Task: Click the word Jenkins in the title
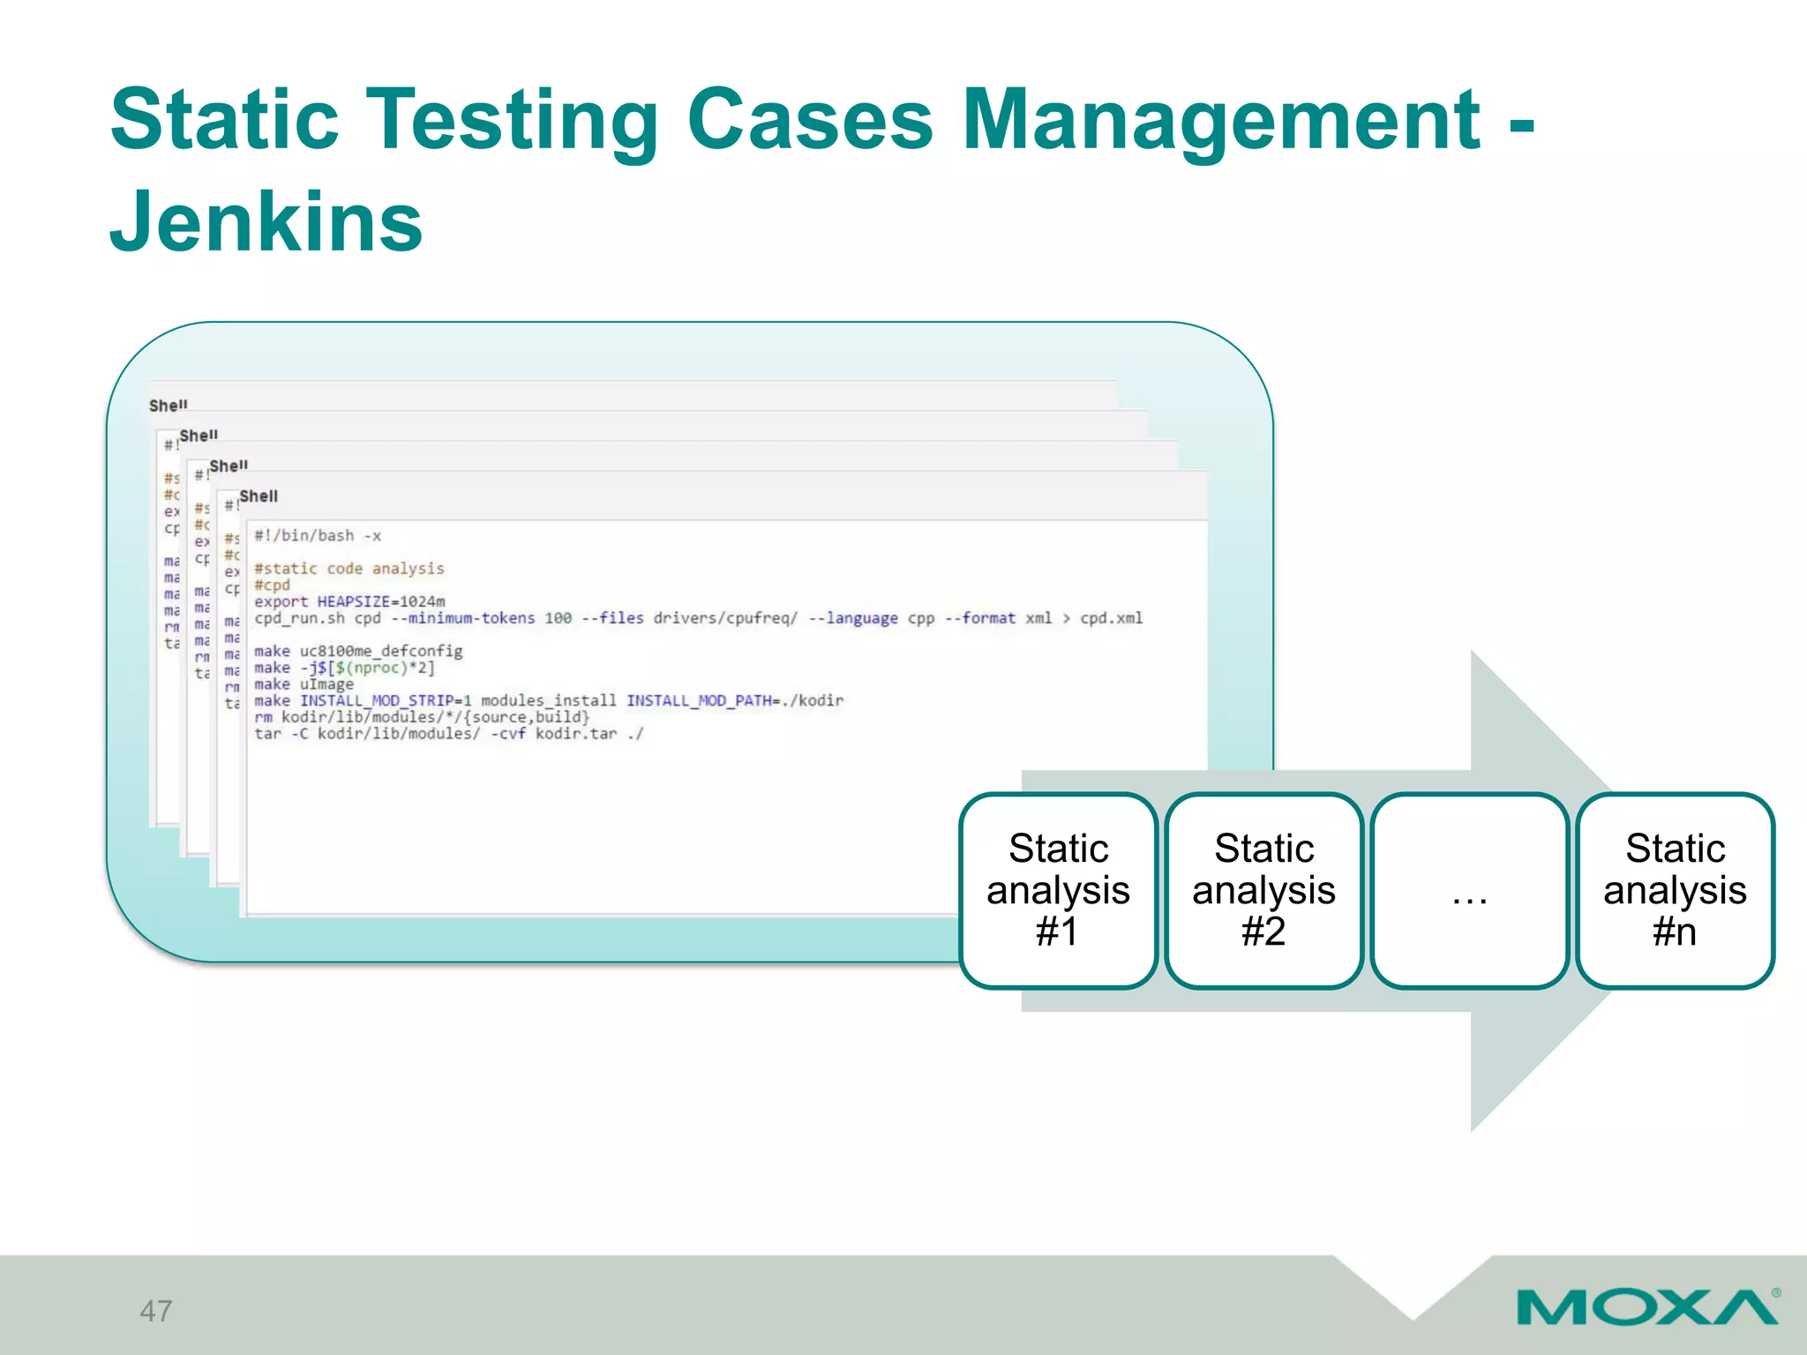[x=266, y=221]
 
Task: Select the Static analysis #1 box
[x=1058, y=890]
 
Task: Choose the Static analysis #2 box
[x=1263, y=890]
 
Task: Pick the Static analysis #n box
[x=1675, y=890]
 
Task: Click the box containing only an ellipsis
[x=1469, y=890]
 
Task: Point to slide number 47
[x=156, y=1311]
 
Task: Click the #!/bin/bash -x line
[x=318, y=536]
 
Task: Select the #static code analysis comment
[x=349, y=569]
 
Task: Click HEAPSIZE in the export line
[x=353, y=602]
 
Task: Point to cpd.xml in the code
[x=1111, y=618]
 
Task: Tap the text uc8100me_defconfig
[x=381, y=651]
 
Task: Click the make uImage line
[x=304, y=685]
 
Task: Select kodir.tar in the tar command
[x=576, y=734]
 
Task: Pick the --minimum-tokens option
[x=471, y=618]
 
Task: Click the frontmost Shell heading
[x=259, y=497]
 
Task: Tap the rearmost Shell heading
[x=168, y=406]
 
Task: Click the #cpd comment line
[x=272, y=585]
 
